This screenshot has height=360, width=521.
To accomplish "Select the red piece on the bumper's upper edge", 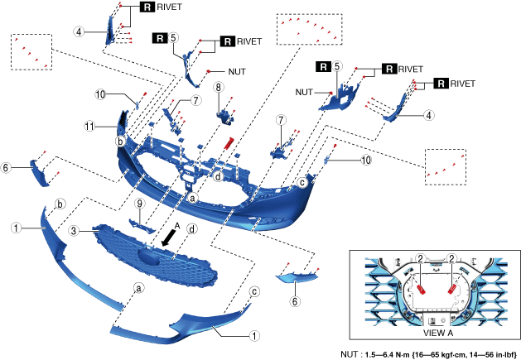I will point(226,142).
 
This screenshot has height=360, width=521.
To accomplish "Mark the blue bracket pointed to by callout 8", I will point(223,111).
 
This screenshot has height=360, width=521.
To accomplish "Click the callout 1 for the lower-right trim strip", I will point(254,337).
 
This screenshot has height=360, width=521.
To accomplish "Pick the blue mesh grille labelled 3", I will point(157,248).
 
